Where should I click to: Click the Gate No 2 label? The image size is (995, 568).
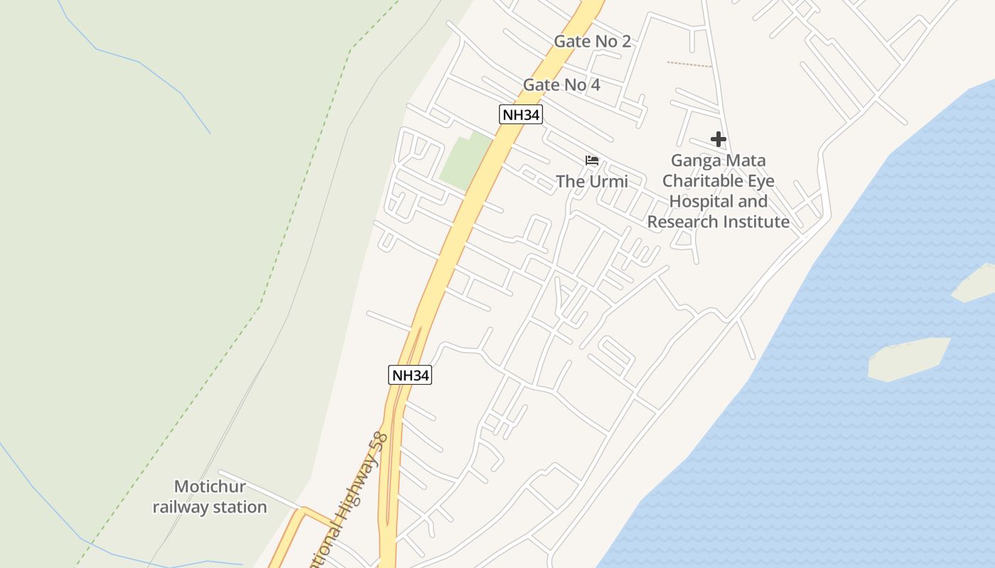(x=592, y=41)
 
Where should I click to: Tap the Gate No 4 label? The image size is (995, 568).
(x=561, y=85)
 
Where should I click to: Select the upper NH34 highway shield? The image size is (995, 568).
(x=520, y=114)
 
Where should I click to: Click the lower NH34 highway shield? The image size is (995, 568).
(x=410, y=375)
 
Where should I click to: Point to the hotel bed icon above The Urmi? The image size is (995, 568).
(x=591, y=161)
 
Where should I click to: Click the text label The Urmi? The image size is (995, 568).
(x=591, y=182)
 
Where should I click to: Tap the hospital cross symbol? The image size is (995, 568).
(x=718, y=139)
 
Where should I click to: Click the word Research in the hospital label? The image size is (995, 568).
(x=682, y=222)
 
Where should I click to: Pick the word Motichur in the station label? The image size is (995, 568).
(x=210, y=487)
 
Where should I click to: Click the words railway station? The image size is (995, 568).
(x=210, y=507)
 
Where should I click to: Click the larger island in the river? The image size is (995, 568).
(x=908, y=359)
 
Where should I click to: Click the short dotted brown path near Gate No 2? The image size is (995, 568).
(x=689, y=65)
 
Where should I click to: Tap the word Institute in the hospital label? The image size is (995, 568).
(x=755, y=222)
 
